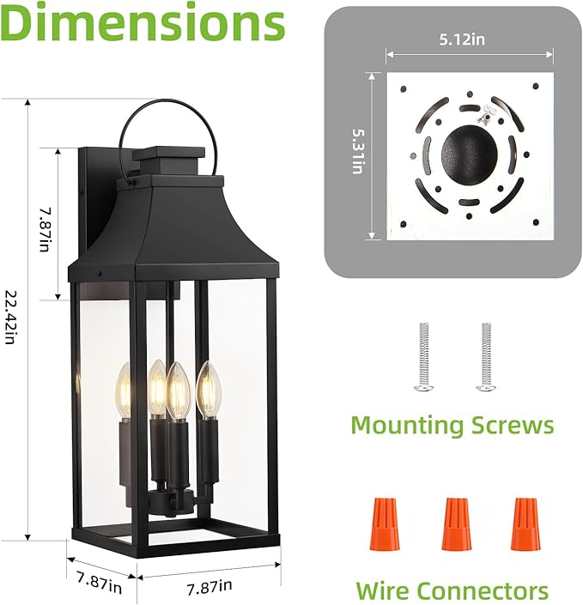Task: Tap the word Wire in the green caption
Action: [x=383, y=590]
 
